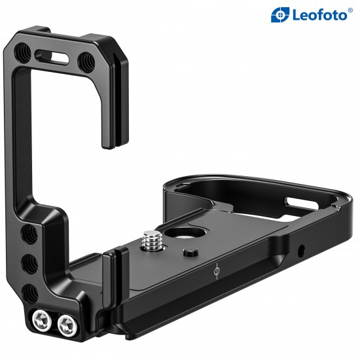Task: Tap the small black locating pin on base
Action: point(189,253)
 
